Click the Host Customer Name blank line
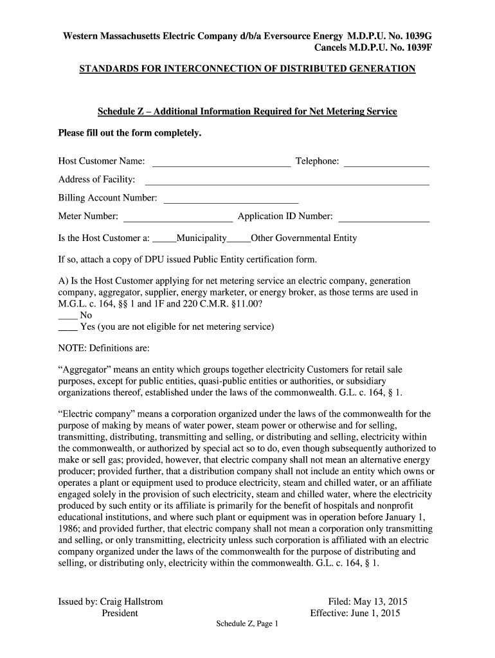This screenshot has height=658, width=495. point(221,162)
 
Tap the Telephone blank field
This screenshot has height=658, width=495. point(386,162)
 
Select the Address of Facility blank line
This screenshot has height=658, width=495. point(287,181)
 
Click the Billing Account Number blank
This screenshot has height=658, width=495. point(231,199)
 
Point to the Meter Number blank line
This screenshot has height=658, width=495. point(177,217)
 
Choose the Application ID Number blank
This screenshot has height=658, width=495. point(383,217)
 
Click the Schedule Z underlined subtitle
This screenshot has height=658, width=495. point(247,112)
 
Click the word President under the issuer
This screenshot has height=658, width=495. point(120,614)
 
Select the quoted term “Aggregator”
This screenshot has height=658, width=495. point(85,371)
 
